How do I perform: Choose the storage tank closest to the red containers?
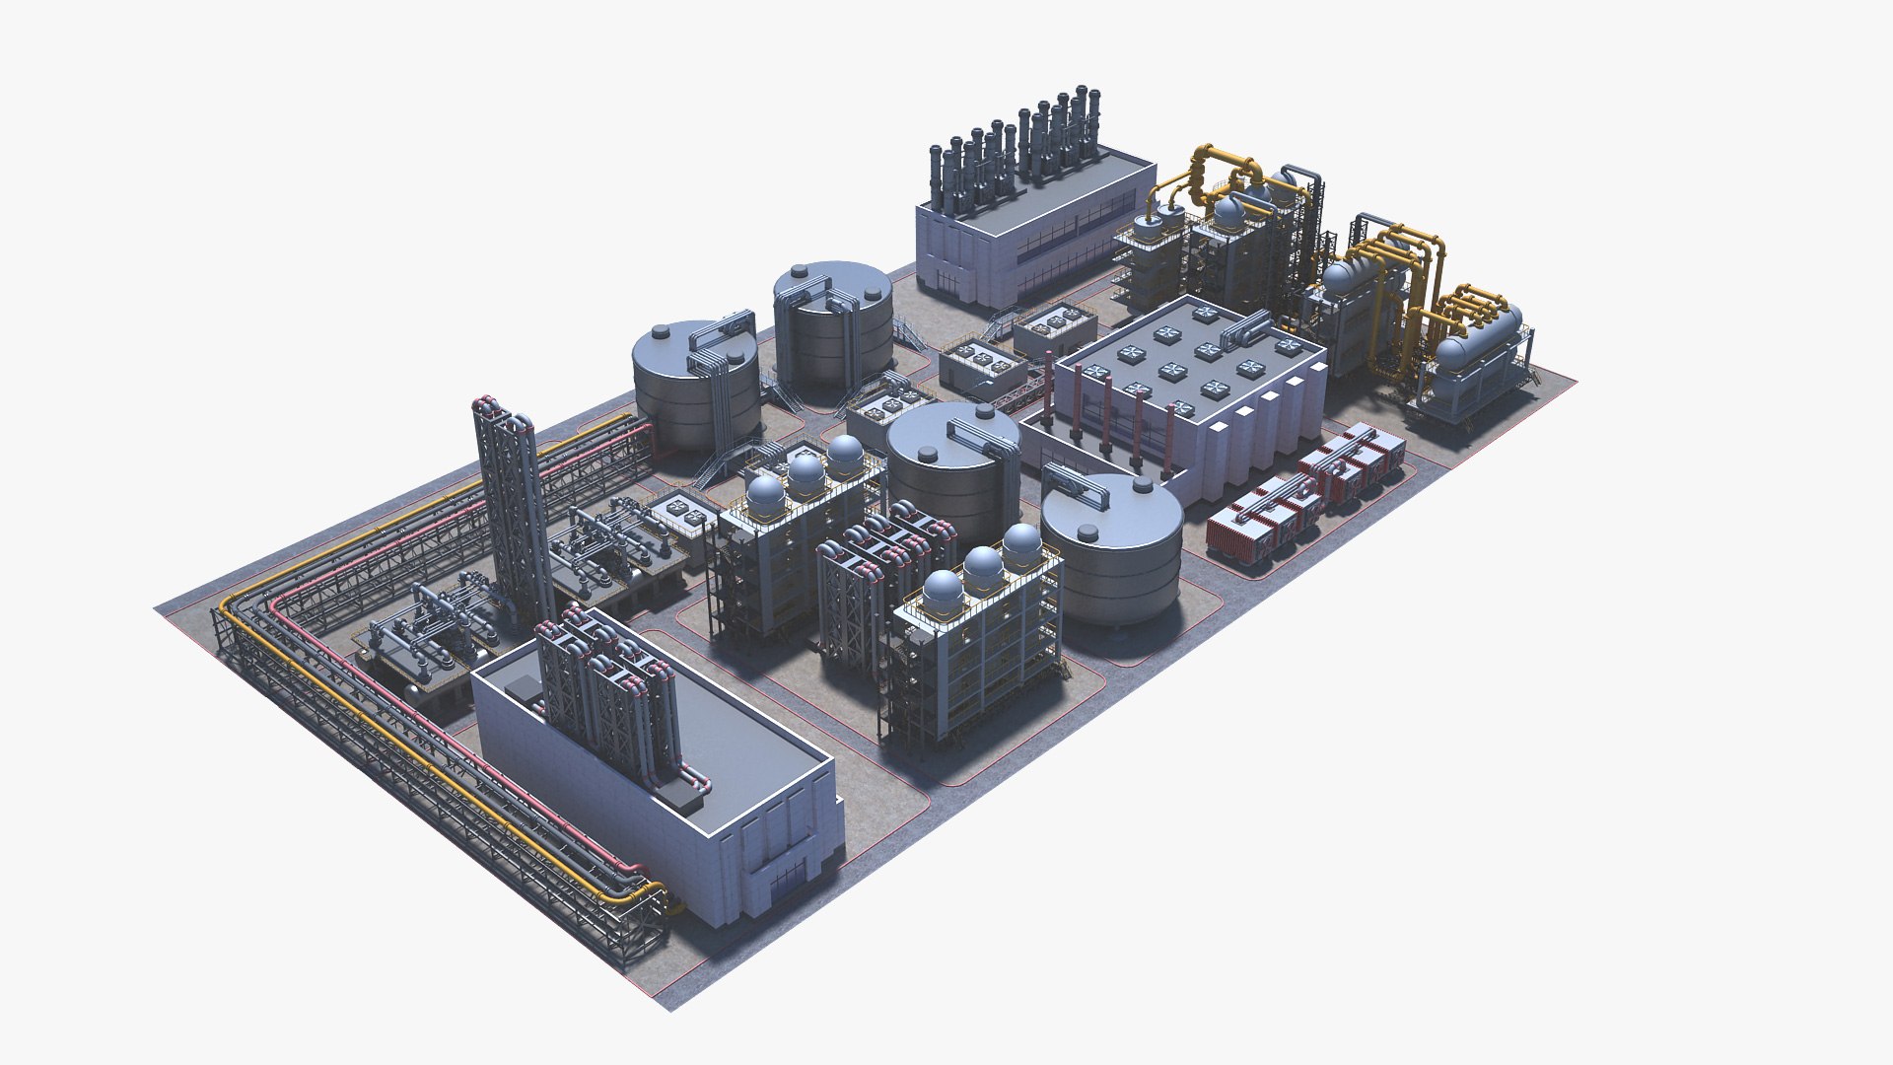point(1112,552)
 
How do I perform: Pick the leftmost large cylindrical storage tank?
point(695,385)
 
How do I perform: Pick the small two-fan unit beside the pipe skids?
point(680,510)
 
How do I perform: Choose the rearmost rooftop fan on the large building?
point(1205,315)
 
